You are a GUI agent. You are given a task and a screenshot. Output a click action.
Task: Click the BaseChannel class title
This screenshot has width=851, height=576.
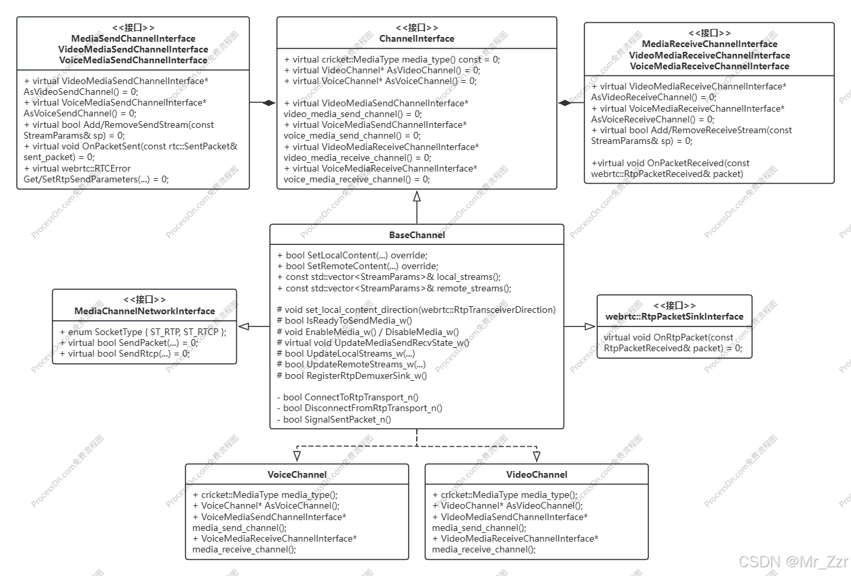pyautogui.click(x=417, y=235)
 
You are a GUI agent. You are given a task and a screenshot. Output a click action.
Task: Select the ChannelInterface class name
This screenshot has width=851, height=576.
pyautogui.click(x=417, y=38)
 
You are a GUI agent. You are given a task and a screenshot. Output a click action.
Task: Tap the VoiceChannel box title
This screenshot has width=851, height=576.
pyautogui.click(x=297, y=474)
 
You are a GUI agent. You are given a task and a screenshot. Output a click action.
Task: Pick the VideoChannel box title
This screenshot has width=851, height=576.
pyautogui.click(x=537, y=474)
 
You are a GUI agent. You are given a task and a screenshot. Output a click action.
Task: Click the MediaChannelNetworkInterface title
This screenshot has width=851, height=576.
pyautogui.click(x=145, y=311)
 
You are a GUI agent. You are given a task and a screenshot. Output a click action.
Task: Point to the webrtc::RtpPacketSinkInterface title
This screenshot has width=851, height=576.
pyautogui.click(x=674, y=316)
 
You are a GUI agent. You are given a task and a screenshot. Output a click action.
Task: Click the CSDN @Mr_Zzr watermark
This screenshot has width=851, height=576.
pyautogui.click(x=792, y=561)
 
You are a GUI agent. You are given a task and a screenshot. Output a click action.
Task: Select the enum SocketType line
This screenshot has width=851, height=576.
pyautogui.click(x=143, y=332)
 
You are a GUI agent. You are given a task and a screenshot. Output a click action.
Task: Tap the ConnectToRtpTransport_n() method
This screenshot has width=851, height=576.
pyautogui.click(x=347, y=397)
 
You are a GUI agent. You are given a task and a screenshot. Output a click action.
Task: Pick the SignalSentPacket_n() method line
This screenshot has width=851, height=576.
pyautogui.click(x=334, y=419)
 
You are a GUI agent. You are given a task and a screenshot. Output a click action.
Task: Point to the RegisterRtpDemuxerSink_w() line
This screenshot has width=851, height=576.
pyautogui.click(x=351, y=375)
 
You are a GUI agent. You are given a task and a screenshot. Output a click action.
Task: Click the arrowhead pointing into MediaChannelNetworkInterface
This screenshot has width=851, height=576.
pyautogui.click(x=244, y=326)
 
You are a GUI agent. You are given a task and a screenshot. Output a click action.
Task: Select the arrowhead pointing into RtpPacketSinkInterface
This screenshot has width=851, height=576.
pyautogui.click(x=590, y=326)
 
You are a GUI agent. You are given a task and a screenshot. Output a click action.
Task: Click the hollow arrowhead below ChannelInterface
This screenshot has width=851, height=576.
pyautogui.click(x=417, y=196)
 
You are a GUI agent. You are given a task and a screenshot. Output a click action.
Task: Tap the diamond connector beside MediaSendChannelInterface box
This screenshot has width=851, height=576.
pyautogui.click(x=269, y=102)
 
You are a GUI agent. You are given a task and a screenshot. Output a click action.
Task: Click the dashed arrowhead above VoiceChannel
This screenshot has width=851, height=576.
pyautogui.click(x=297, y=457)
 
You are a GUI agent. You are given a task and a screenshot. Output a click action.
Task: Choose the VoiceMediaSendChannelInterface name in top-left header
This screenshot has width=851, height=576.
pyautogui.click(x=133, y=60)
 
